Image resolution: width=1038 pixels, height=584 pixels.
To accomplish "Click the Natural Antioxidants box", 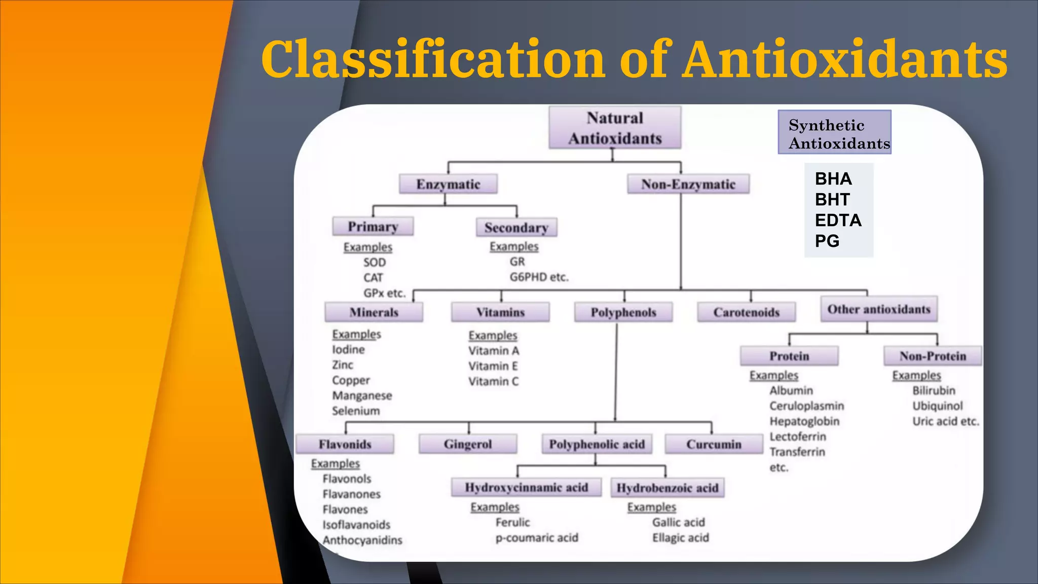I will pyautogui.click(x=614, y=128).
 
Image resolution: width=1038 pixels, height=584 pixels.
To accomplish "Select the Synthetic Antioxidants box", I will pyautogui.click(x=834, y=132).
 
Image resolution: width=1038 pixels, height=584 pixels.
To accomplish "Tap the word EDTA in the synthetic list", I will pyautogui.click(x=838, y=221).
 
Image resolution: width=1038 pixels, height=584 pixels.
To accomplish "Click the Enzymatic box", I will pyautogui.click(x=448, y=184).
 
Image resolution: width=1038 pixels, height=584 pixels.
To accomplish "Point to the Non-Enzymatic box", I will pyautogui.click(x=688, y=184).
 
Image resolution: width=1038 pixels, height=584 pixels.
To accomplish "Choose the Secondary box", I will pyautogui.click(x=516, y=228).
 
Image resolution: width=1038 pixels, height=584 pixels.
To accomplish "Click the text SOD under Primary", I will pyautogui.click(x=375, y=263).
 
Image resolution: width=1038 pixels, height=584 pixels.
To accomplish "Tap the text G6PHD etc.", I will pyautogui.click(x=539, y=277).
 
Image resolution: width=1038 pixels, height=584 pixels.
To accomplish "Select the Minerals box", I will pyautogui.click(x=374, y=312).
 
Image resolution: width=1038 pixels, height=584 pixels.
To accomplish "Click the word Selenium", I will pyautogui.click(x=356, y=411).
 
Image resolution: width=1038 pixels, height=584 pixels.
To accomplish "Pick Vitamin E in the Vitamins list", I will pyautogui.click(x=493, y=366).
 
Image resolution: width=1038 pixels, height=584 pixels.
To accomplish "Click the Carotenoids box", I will pyautogui.click(x=746, y=312).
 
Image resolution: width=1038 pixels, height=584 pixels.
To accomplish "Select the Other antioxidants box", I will pyautogui.click(x=878, y=309).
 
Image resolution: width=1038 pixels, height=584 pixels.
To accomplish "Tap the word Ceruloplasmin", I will pyautogui.click(x=806, y=406).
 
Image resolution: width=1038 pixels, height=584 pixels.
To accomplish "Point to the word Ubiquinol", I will pyautogui.click(x=937, y=406).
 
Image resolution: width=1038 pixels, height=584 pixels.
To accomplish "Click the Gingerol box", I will pyautogui.click(x=467, y=444).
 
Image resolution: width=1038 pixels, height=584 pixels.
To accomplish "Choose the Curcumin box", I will pyautogui.click(x=713, y=444).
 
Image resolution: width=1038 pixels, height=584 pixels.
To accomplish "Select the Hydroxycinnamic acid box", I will pyautogui.click(x=526, y=488).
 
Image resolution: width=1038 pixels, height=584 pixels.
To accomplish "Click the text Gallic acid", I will pyautogui.click(x=678, y=523).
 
